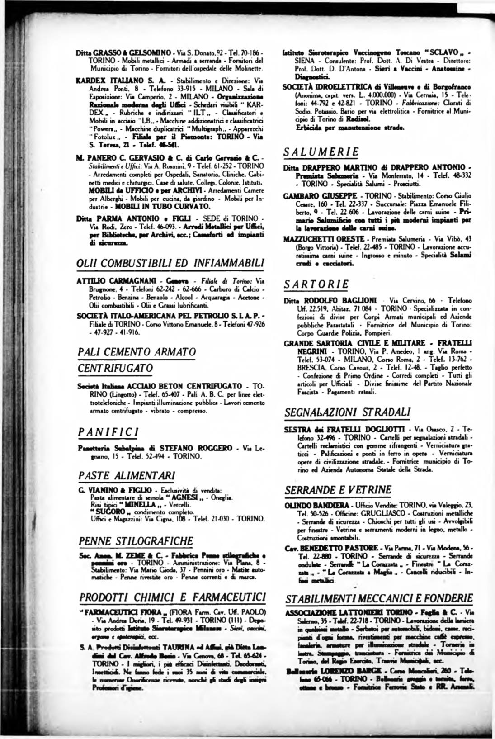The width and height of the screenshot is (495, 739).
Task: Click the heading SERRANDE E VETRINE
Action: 338,489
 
